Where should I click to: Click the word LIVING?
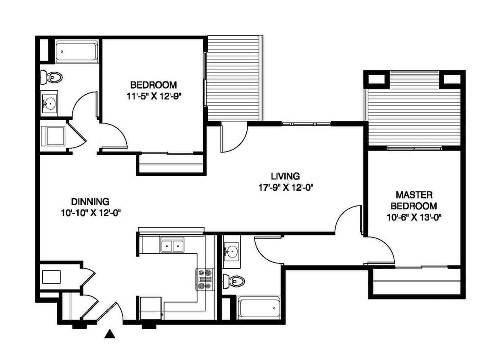click(x=285, y=176)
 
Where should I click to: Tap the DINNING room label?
click(x=90, y=202)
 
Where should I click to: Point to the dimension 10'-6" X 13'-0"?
click(x=414, y=218)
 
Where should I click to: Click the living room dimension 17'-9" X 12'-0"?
click(x=286, y=188)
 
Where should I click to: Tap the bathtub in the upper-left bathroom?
click(x=76, y=51)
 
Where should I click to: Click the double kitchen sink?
click(x=172, y=246)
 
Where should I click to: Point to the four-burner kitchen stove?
click(x=205, y=279)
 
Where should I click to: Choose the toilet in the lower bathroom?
click(x=233, y=282)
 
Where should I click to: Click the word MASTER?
click(x=414, y=195)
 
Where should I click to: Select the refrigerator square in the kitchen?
click(x=151, y=308)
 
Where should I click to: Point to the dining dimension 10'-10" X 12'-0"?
click(x=90, y=213)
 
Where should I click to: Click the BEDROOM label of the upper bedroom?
click(x=153, y=85)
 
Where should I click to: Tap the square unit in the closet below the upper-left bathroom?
click(x=53, y=136)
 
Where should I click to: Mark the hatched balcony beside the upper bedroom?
click(x=235, y=78)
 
